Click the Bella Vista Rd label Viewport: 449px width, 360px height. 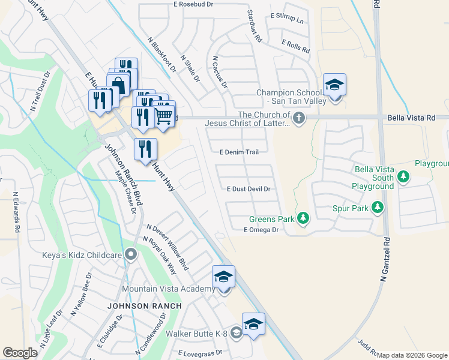pos(411,118)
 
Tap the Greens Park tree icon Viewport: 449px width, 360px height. pos(303,218)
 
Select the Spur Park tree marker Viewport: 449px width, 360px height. pos(377,208)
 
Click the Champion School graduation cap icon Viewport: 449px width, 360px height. pos(334,85)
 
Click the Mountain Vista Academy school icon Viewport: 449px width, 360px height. pos(223,277)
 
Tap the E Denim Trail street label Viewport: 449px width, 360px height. pos(239,152)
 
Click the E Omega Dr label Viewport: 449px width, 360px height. pos(262,230)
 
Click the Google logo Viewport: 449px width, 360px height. pos(20,353)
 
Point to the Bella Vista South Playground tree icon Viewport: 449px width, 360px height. pos(404,176)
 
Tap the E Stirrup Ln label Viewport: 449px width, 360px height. pos(287,18)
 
